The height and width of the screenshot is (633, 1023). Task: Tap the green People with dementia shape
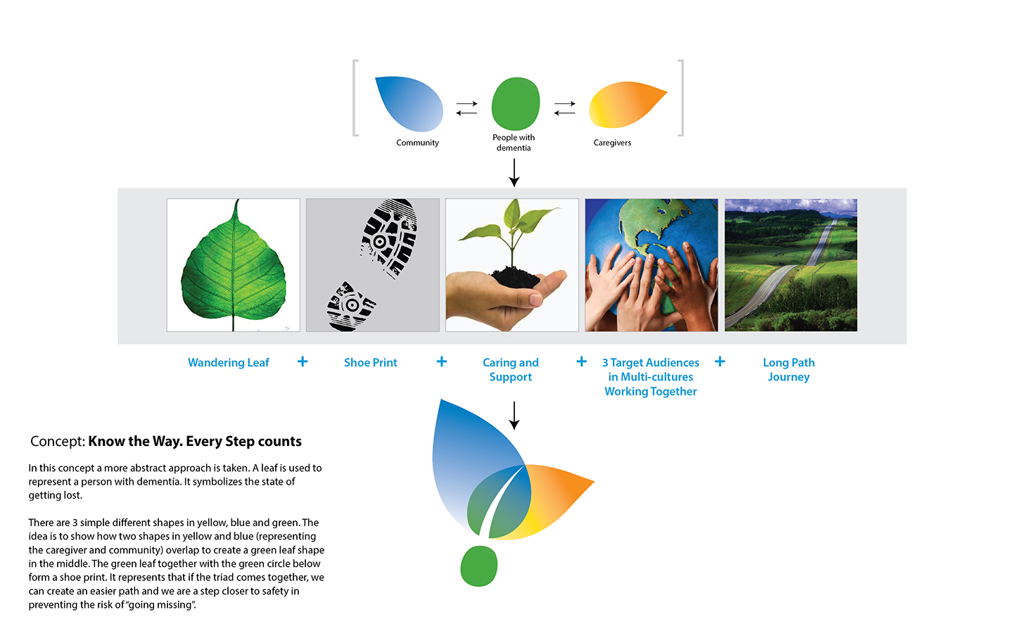[x=516, y=103]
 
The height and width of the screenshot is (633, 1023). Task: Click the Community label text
[x=417, y=143]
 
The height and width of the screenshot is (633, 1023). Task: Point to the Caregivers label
[x=612, y=143]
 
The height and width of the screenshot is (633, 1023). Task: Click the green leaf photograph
[x=234, y=264]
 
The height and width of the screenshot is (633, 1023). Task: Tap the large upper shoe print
[x=389, y=237]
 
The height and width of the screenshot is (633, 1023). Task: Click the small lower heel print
[x=350, y=307]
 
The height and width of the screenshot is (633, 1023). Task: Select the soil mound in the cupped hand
[x=515, y=278]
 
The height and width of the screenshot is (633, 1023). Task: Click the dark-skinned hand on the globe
[x=685, y=283]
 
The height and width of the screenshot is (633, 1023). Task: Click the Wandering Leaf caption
[x=229, y=363]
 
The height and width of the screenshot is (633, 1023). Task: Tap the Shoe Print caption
[x=370, y=363]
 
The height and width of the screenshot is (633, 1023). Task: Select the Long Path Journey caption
[x=789, y=370]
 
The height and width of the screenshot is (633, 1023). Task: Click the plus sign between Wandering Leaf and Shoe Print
[x=303, y=362]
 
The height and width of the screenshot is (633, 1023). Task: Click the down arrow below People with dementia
[x=514, y=172]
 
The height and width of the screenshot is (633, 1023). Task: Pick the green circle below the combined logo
[x=478, y=566]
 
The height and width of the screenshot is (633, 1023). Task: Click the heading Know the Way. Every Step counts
[x=195, y=441]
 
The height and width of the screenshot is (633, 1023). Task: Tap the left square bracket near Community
[x=356, y=98]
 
